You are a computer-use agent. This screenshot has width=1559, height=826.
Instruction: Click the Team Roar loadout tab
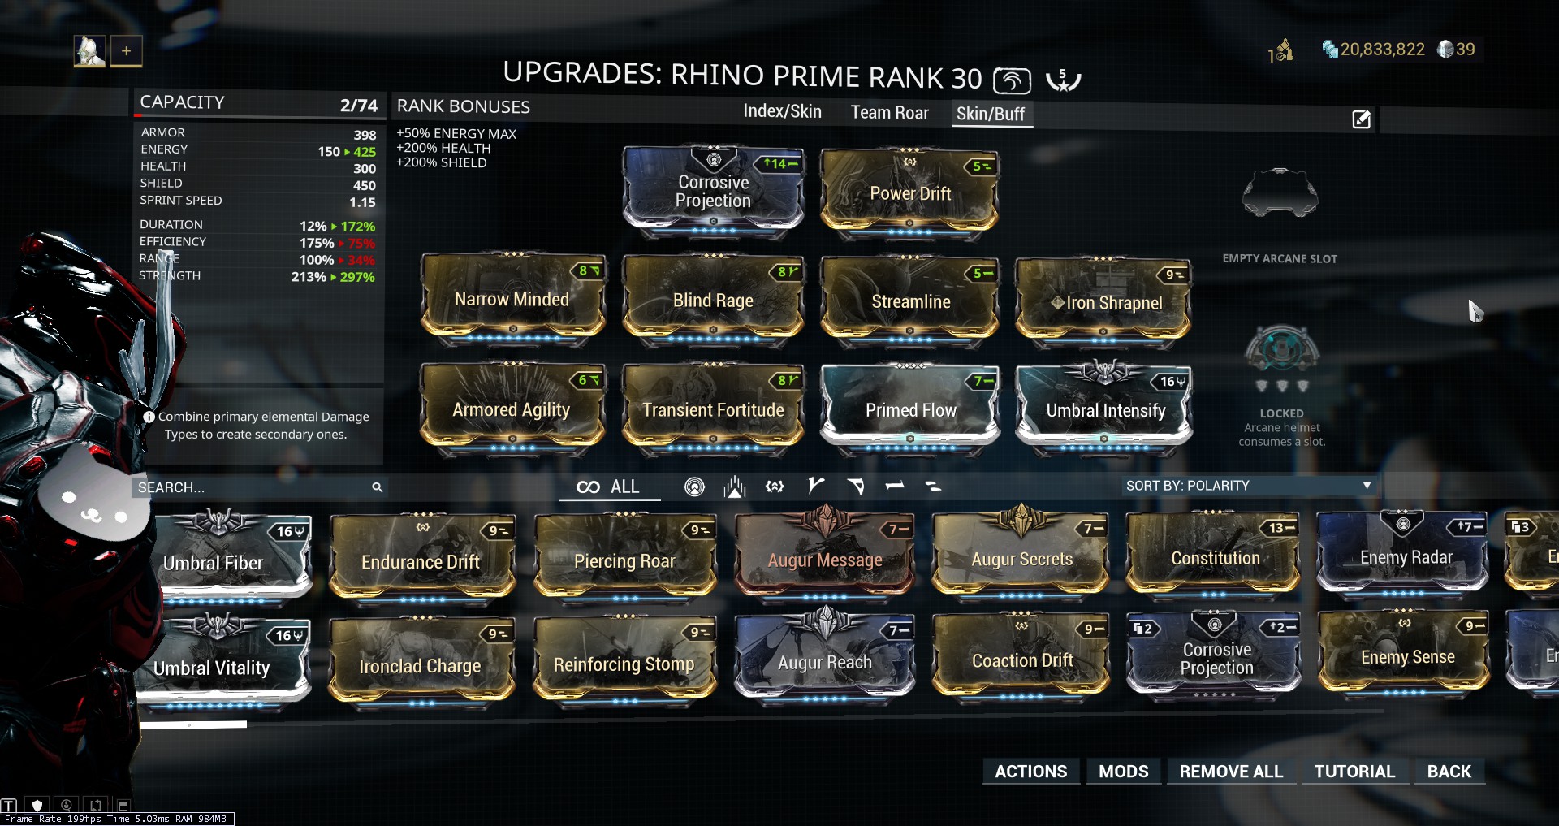[889, 113]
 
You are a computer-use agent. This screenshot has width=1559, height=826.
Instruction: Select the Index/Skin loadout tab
[782, 112]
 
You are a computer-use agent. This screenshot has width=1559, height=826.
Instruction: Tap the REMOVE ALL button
[1230, 772]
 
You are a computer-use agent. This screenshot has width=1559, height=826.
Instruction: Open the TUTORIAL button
[1354, 772]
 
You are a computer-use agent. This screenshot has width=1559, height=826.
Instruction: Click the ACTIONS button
[1030, 772]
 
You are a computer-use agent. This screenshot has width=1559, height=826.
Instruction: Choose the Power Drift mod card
[909, 192]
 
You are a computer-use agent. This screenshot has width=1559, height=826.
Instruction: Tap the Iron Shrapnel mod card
[1104, 301]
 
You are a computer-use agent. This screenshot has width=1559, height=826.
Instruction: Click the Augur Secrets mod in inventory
[1021, 558]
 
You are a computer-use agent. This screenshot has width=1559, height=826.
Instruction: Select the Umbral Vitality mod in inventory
[214, 666]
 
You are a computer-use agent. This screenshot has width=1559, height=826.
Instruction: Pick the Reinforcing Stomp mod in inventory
[624, 664]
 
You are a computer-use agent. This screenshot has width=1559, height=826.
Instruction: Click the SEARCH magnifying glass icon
[378, 487]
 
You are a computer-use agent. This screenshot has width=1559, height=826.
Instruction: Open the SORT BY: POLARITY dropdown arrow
[1367, 486]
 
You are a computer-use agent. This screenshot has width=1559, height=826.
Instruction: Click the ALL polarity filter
[610, 487]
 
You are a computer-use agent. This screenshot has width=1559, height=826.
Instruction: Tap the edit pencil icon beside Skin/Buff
[1361, 120]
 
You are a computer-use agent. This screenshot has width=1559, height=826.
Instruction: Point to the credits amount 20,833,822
[1382, 50]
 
